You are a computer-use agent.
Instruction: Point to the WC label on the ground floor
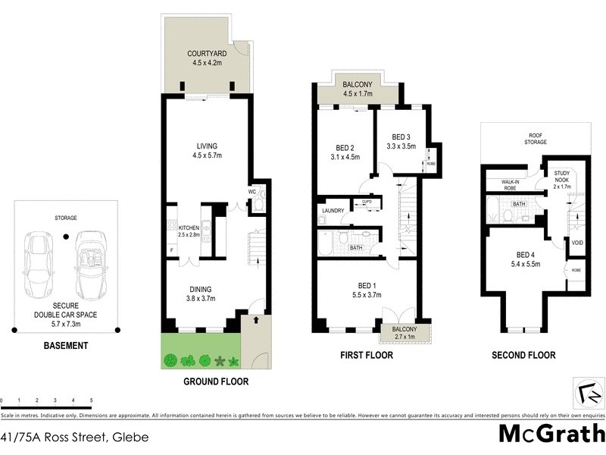point(251,191)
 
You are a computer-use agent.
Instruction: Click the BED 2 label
point(345,148)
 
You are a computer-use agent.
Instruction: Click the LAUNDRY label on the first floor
point(333,210)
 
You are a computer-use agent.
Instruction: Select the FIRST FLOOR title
point(369,355)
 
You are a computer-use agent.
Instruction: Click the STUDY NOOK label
point(561,177)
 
